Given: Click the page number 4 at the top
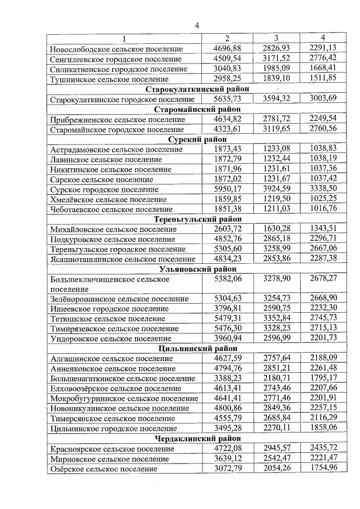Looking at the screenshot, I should [x=197, y=25].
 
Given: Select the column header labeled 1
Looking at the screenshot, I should [x=124, y=38].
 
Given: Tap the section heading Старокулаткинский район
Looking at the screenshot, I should [x=197, y=89].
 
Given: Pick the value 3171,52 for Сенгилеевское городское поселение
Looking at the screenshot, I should [x=276, y=58].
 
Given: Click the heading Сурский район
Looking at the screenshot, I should [x=197, y=139].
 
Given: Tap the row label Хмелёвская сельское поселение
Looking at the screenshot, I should [x=108, y=200].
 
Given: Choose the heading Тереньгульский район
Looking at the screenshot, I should [x=197, y=219].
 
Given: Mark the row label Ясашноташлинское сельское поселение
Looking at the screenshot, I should [x=123, y=259].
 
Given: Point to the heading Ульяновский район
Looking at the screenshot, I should [x=197, y=269].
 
